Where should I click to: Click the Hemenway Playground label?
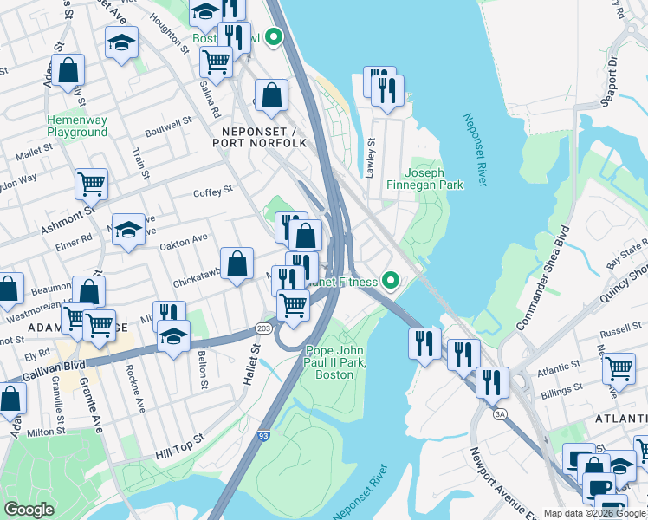pos(77,126)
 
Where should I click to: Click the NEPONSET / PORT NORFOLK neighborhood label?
pos(258,136)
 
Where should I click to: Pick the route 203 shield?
pos(263,329)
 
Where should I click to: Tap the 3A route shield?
pos(500,414)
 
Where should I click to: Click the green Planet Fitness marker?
pos(391,281)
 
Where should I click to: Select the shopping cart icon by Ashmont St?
pos(91,183)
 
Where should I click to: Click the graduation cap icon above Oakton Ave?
pos(128,229)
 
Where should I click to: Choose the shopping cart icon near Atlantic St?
pos(619,367)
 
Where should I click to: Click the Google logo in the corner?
pos(29,510)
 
